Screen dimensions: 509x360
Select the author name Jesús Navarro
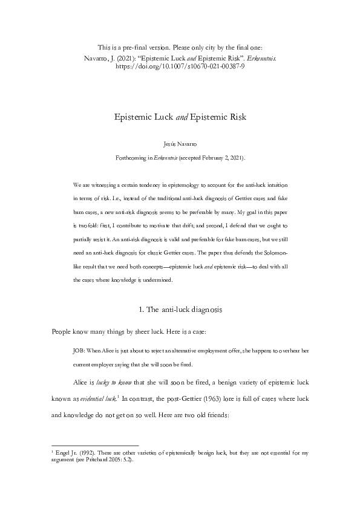pyautogui.click(x=180, y=145)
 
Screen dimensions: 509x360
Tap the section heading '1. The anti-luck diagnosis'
pyautogui.click(x=180, y=310)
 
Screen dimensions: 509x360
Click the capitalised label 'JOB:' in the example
pyautogui.click(x=78, y=350)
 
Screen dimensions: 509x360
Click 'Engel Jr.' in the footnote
pyautogui.click(x=65, y=452)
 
